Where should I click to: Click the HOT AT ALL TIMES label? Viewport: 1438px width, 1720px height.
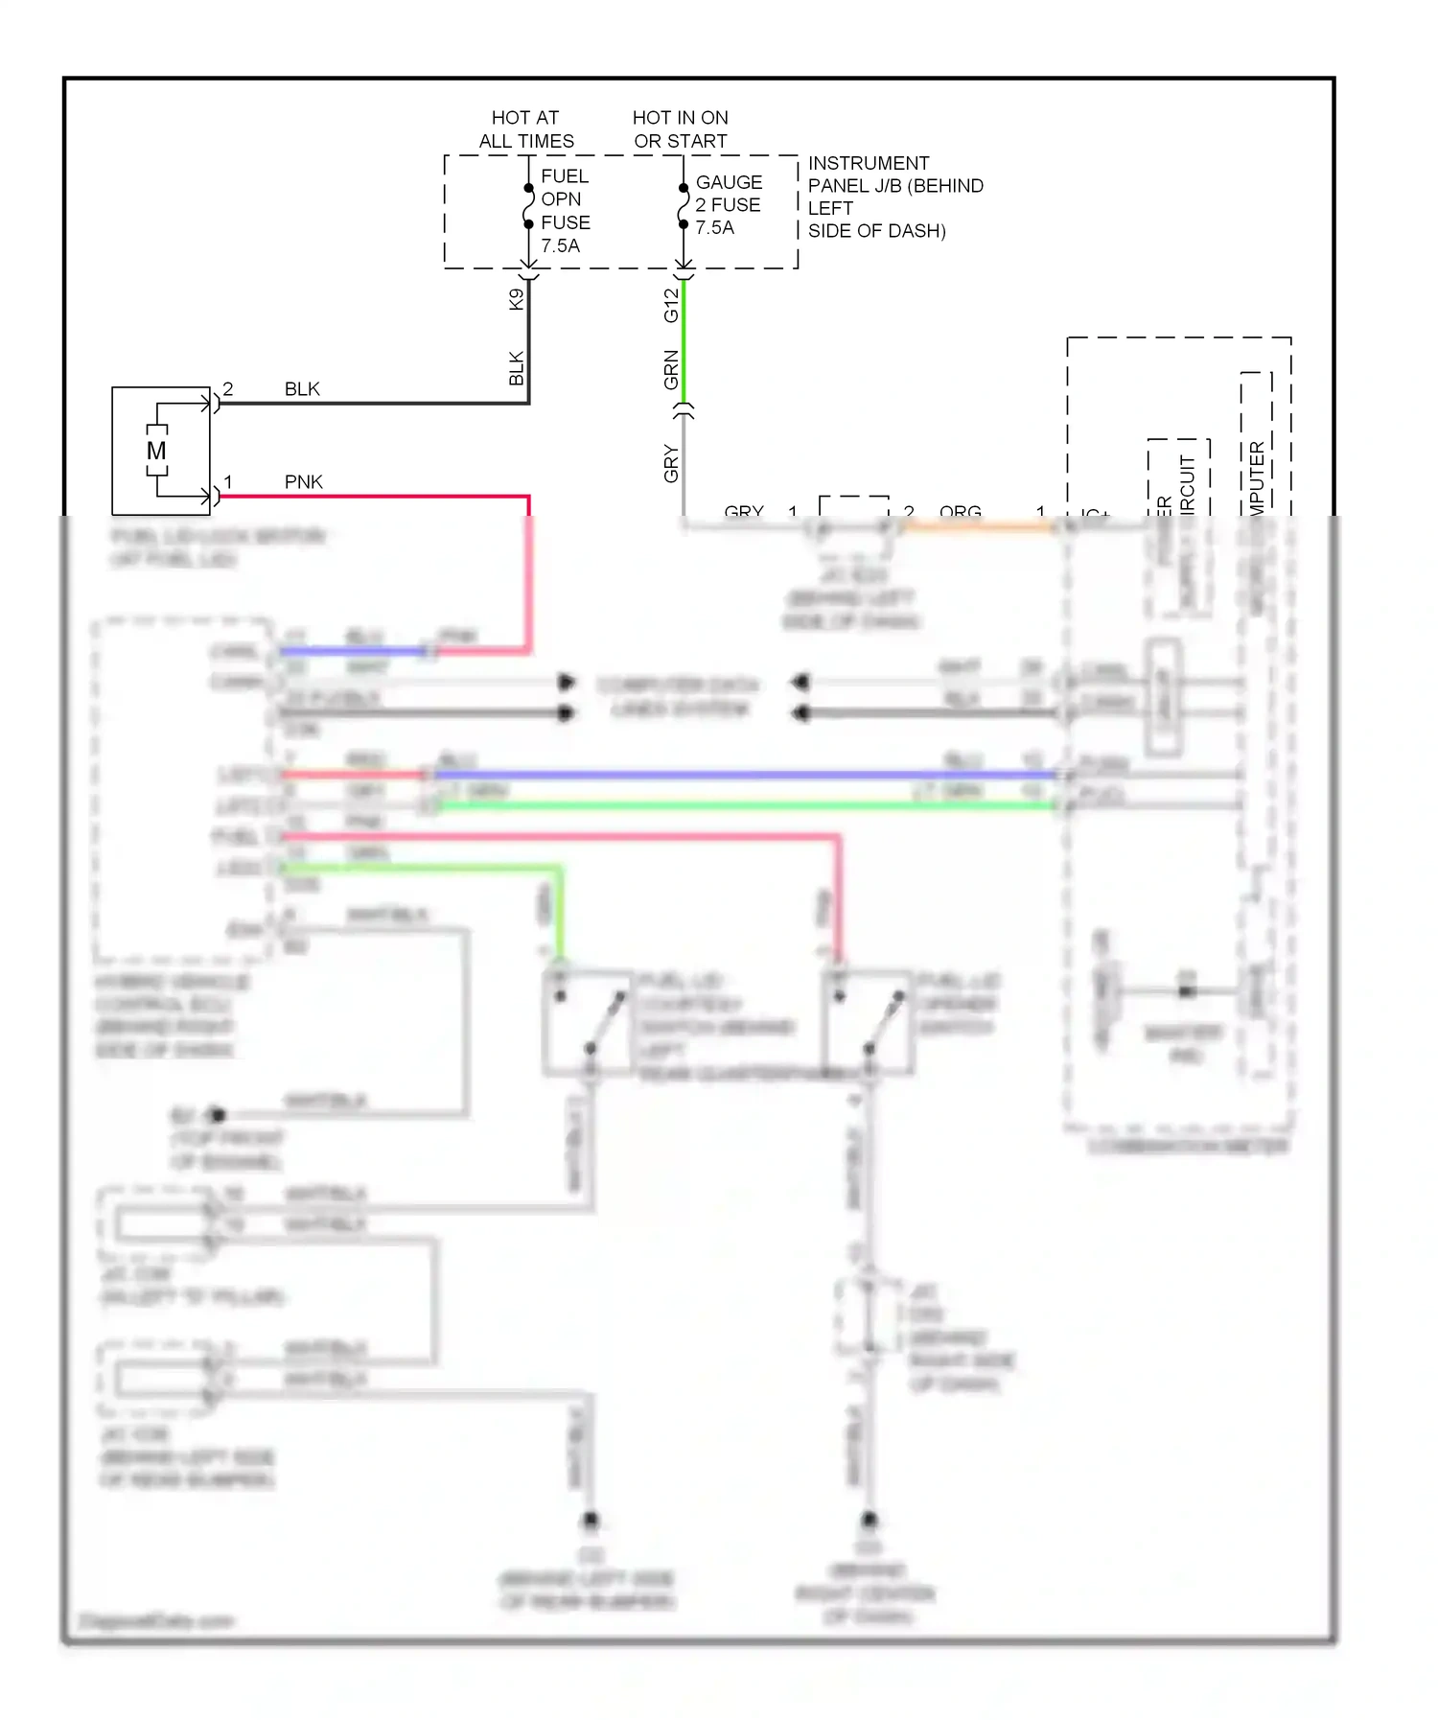(x=525, y=129)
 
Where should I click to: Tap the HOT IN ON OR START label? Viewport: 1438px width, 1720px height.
(x=680, y=129)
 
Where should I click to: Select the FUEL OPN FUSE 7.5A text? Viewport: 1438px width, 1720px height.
(x=565, y=211)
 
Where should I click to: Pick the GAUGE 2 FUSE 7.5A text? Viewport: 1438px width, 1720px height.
(x=728, y=205)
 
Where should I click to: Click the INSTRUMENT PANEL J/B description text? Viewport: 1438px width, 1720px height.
(x=893, y=197)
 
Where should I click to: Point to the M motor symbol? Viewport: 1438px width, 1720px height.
(x=156, y=451)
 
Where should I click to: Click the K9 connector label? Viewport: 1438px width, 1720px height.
(x=517, y=299)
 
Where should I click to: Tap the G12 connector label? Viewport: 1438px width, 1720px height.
(x=671, y=305)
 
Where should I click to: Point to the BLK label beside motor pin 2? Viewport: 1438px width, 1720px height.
(x=302, y=389)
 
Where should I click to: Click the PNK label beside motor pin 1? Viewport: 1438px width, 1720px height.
(x=303, y=482)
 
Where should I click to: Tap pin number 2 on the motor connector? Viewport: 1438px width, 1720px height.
(x=228, y=389)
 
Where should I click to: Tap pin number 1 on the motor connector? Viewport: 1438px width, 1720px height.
(x=228, y=481)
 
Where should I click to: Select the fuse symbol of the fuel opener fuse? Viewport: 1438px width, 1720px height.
(x=528, y=206)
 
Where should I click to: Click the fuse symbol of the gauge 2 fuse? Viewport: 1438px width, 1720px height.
(x=683, y=206)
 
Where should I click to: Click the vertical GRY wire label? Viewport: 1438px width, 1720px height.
(x=671, y=464)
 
